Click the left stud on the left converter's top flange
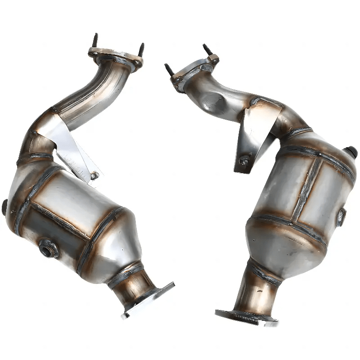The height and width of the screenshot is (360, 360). (x=95, y=40)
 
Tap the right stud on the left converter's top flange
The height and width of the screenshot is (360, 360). (x=141, y=49)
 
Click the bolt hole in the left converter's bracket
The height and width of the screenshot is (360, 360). (x=94, y=175)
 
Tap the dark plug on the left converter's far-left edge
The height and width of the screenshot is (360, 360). (x=4, y=207)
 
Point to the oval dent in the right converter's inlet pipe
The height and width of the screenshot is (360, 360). (x=214, y=102)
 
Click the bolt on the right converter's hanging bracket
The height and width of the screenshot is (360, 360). (x=244, y=160)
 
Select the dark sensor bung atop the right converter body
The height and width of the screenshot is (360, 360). (x=350, y=152)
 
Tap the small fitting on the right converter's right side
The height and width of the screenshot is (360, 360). (x=341, y=217)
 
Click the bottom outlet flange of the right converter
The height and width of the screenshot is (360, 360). (x=245, y=317)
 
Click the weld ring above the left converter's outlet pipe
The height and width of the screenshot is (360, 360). (x=126, y=274)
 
